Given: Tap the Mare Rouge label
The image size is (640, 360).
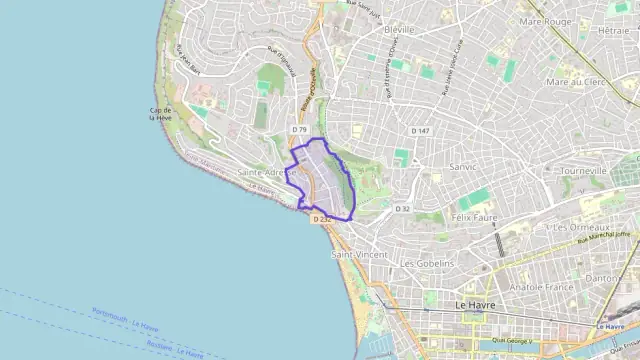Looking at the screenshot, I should [545, 21].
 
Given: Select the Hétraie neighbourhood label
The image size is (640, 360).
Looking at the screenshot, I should [612, 31].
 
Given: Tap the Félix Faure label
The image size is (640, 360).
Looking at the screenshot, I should [475, 217].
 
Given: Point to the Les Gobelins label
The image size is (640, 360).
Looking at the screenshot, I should [427, 263].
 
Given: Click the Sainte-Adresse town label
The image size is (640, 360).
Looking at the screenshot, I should [266, 173].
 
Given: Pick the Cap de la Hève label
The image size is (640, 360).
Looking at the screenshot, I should [161, 113].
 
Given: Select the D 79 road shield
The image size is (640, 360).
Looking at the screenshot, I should [299, 130].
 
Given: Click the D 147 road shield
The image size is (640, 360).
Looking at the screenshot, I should [420, 131].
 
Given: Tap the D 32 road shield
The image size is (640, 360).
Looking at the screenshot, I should [403, 208].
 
